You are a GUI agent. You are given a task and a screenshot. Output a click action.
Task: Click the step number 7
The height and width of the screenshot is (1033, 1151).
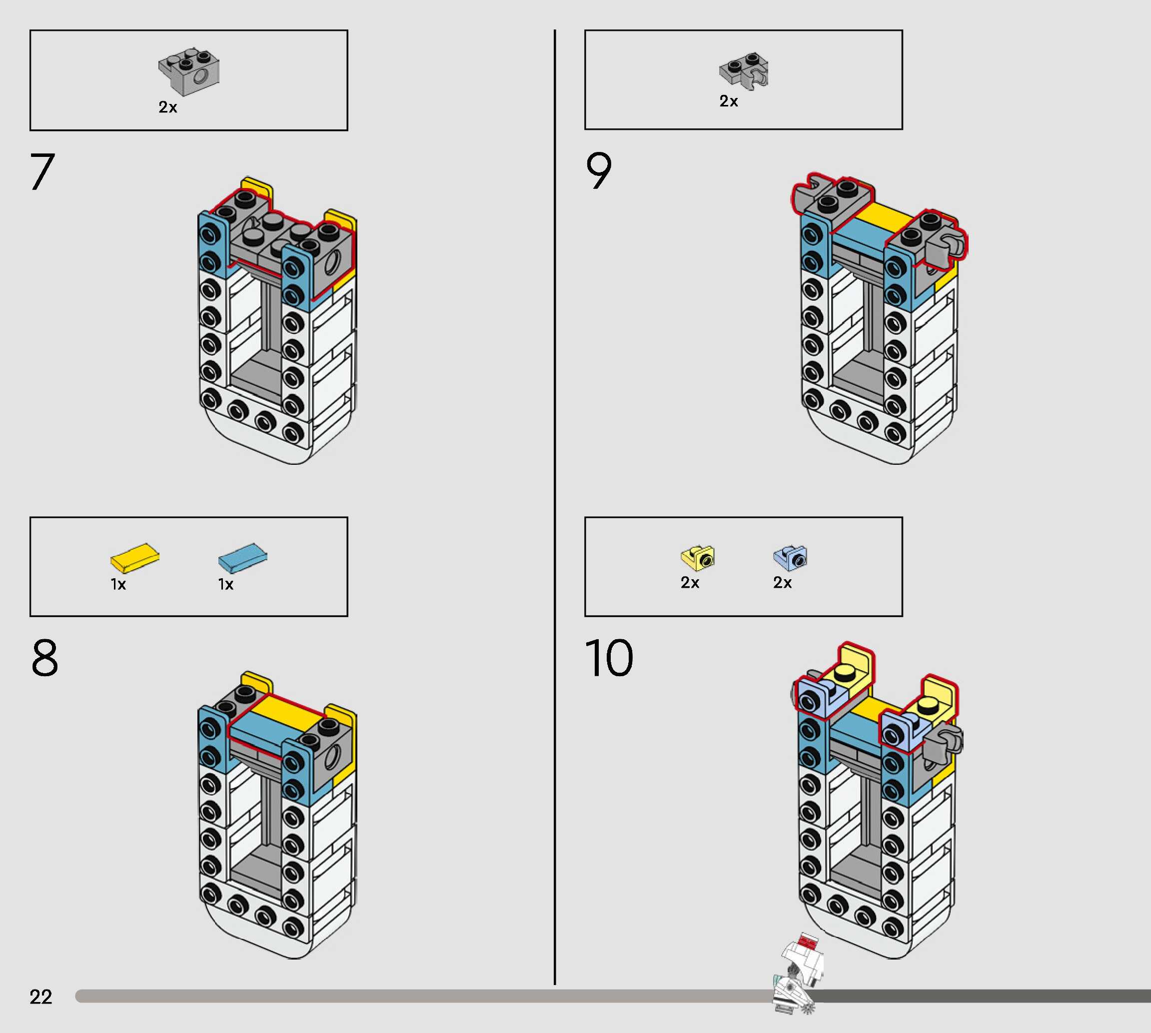[42, 171]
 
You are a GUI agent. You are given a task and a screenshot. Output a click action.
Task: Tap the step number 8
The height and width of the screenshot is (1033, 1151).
[45, 658]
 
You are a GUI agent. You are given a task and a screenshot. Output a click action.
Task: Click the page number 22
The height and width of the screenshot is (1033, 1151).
[41, 997]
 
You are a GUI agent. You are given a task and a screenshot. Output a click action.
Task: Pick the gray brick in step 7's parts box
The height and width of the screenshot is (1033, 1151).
[189, 71]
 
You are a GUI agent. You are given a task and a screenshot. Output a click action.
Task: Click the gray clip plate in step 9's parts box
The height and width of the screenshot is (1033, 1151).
[744, 71]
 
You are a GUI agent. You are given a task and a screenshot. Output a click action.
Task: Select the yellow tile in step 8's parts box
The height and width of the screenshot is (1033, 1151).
[134, 557]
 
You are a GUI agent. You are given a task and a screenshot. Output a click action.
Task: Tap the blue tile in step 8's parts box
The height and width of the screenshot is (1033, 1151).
[242, 557]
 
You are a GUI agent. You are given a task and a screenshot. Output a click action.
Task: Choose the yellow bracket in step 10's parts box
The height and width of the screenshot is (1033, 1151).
[698, 557]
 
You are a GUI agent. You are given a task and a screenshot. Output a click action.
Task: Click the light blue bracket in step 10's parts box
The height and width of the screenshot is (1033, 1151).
[790, 557]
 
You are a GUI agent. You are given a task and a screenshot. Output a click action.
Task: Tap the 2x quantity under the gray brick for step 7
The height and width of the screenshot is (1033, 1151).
[168, 107]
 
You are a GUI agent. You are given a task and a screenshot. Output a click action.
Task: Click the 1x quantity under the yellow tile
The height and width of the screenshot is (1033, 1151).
[118, 585]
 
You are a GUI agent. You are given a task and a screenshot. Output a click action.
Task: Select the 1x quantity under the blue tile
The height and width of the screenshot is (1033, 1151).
[226, 585]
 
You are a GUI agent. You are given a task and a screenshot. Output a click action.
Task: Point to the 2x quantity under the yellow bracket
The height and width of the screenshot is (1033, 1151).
[690, 583]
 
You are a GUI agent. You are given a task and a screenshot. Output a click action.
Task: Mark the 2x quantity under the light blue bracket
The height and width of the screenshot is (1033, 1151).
[783, 583]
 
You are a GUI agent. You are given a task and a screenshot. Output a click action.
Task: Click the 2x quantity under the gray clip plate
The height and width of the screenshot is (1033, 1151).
[729, 101]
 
